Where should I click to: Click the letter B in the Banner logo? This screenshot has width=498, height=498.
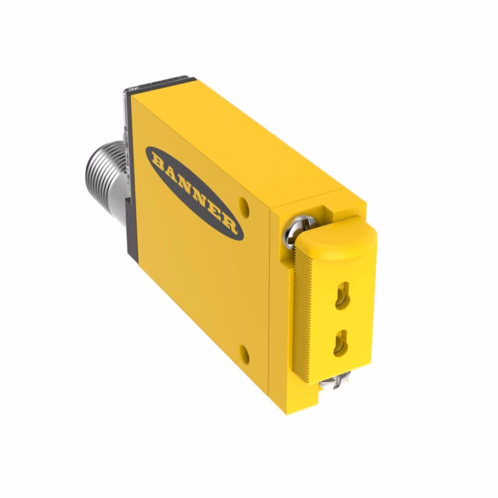pyautogui.click(x=159, y=160)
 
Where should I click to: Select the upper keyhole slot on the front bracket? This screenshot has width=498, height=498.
pyautogui.click(x=342, y=295)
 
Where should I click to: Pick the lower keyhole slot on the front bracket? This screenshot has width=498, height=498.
pyautogui.click(x=341, y=343)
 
